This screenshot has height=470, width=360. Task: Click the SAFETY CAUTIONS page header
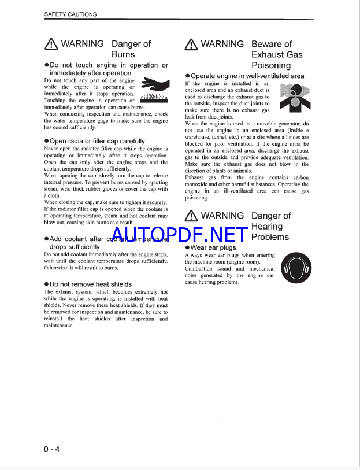click(70, 14)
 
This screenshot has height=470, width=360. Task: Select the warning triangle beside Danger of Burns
click(51, 44)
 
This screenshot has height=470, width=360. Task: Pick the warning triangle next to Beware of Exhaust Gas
click(191, 44)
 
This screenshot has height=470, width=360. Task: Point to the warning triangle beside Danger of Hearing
click(191, 216)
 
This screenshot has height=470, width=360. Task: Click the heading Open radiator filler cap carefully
click(97, 141)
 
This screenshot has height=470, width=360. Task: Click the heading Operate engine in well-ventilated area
click(247, 76)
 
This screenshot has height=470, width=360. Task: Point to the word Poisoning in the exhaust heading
click(270, 65)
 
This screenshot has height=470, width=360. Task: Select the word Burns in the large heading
click(123, 54)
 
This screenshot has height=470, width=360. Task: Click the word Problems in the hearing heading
click(270, 237)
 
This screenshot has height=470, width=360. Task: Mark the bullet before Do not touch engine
click(47, 66)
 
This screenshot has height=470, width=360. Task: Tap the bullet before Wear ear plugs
click(187, 247)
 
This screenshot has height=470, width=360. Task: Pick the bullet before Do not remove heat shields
click(46, 284)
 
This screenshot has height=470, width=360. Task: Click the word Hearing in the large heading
click(267, 227)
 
